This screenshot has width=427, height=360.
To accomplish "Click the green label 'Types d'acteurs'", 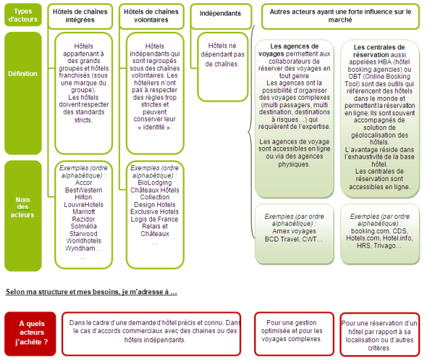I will pos(22,14).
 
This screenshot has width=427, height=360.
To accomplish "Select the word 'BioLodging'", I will pos(155,182).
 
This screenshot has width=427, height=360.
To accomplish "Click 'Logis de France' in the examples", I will pos(155,219).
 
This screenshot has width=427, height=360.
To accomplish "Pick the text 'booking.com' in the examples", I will pos(366,231).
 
